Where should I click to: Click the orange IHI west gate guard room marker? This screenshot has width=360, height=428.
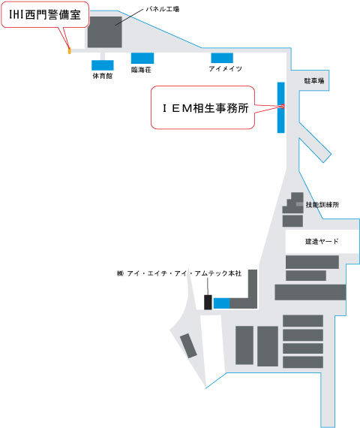(x=69, y=50)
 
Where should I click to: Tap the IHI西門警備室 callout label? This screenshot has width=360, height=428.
(x=45, y=14)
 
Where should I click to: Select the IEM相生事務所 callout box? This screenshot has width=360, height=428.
(x=203, y=107)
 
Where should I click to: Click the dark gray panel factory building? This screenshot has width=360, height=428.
(x=105, y=32)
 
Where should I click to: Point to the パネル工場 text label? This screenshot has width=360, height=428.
(x=163, y=9)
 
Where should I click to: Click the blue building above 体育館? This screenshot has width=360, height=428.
(x=103, y=65)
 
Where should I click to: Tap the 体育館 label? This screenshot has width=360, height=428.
(x=103, y=76)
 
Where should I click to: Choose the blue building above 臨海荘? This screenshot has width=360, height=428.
(x=142, y=58)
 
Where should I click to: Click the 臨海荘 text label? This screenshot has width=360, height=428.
(x=141, y=70)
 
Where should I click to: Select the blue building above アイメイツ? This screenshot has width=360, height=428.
(x=222, y=58)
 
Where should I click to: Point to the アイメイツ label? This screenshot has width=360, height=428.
(x=225, y=68)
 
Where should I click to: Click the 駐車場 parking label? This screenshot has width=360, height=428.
(x=314, y=80)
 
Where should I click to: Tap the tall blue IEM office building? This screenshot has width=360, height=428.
(x=281, y=107)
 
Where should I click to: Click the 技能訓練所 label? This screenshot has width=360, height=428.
(x=322, y=205)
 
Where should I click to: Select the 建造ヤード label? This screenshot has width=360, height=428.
(x=322, y=241)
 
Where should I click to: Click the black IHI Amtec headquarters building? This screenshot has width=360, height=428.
(x=208, y=302)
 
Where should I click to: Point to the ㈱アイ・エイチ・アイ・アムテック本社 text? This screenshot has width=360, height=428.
(x=179, y=273)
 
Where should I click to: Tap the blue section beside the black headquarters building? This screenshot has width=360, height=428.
(x=221, y=303)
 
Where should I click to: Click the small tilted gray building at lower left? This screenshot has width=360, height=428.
(x=188, y=345)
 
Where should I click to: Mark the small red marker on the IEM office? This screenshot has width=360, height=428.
(x=283, y=106)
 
